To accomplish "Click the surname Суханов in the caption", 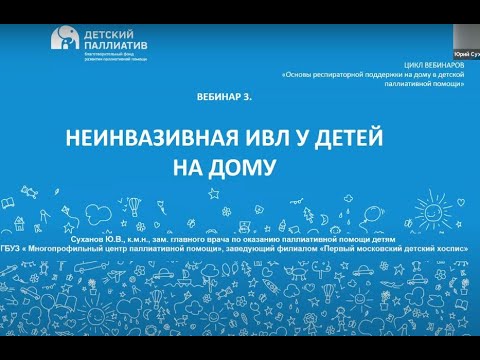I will coord(100,240).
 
